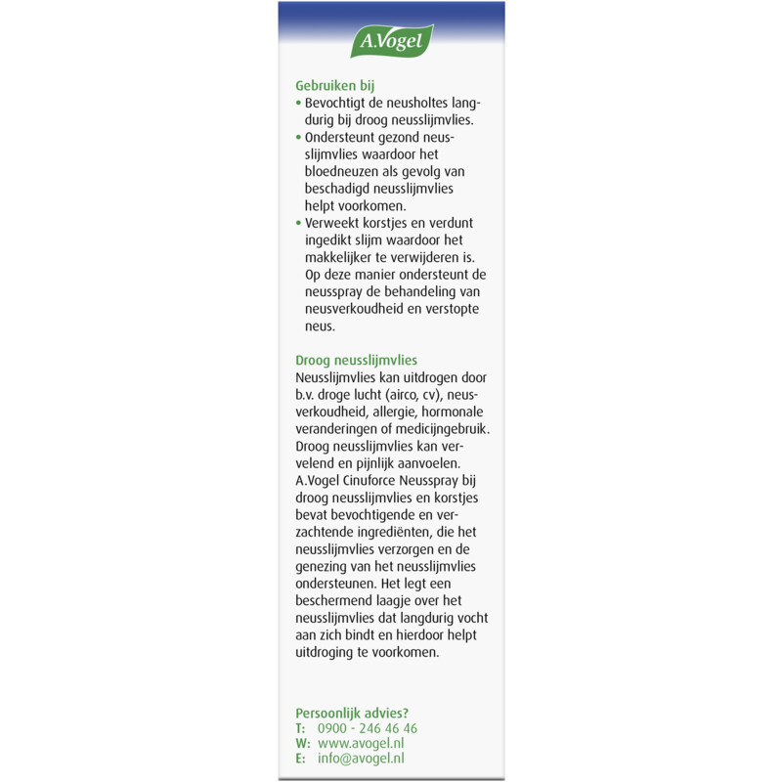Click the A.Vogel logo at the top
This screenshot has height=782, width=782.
(391, 42)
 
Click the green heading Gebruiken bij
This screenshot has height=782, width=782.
(335, 85)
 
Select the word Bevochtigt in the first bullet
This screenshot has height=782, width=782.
(338, 103)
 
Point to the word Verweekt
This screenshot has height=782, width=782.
(334, 223)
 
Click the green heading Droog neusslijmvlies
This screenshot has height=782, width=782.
(356, 360)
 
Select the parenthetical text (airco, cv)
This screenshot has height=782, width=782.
(411, 394)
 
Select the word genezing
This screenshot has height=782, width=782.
(324, 566)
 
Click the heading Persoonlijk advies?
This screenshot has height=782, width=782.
(352, 712)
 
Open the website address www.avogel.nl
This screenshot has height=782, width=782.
(363, 743)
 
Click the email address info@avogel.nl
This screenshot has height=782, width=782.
(362, 758)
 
